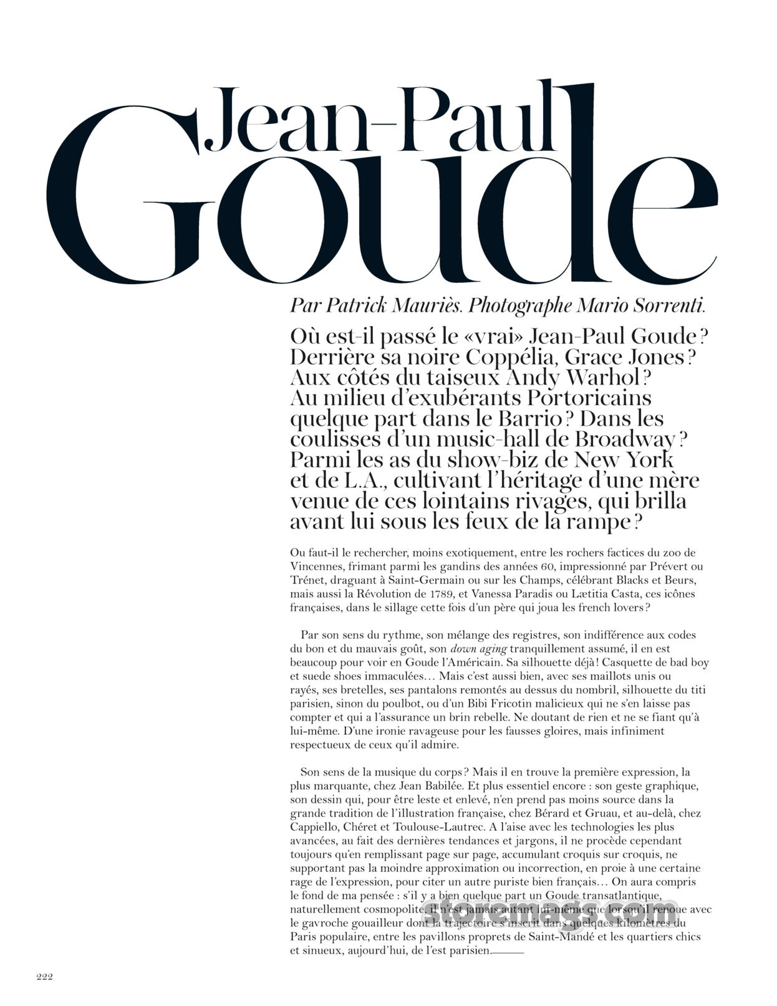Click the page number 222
[44, 977]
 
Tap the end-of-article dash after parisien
[508, 952]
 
